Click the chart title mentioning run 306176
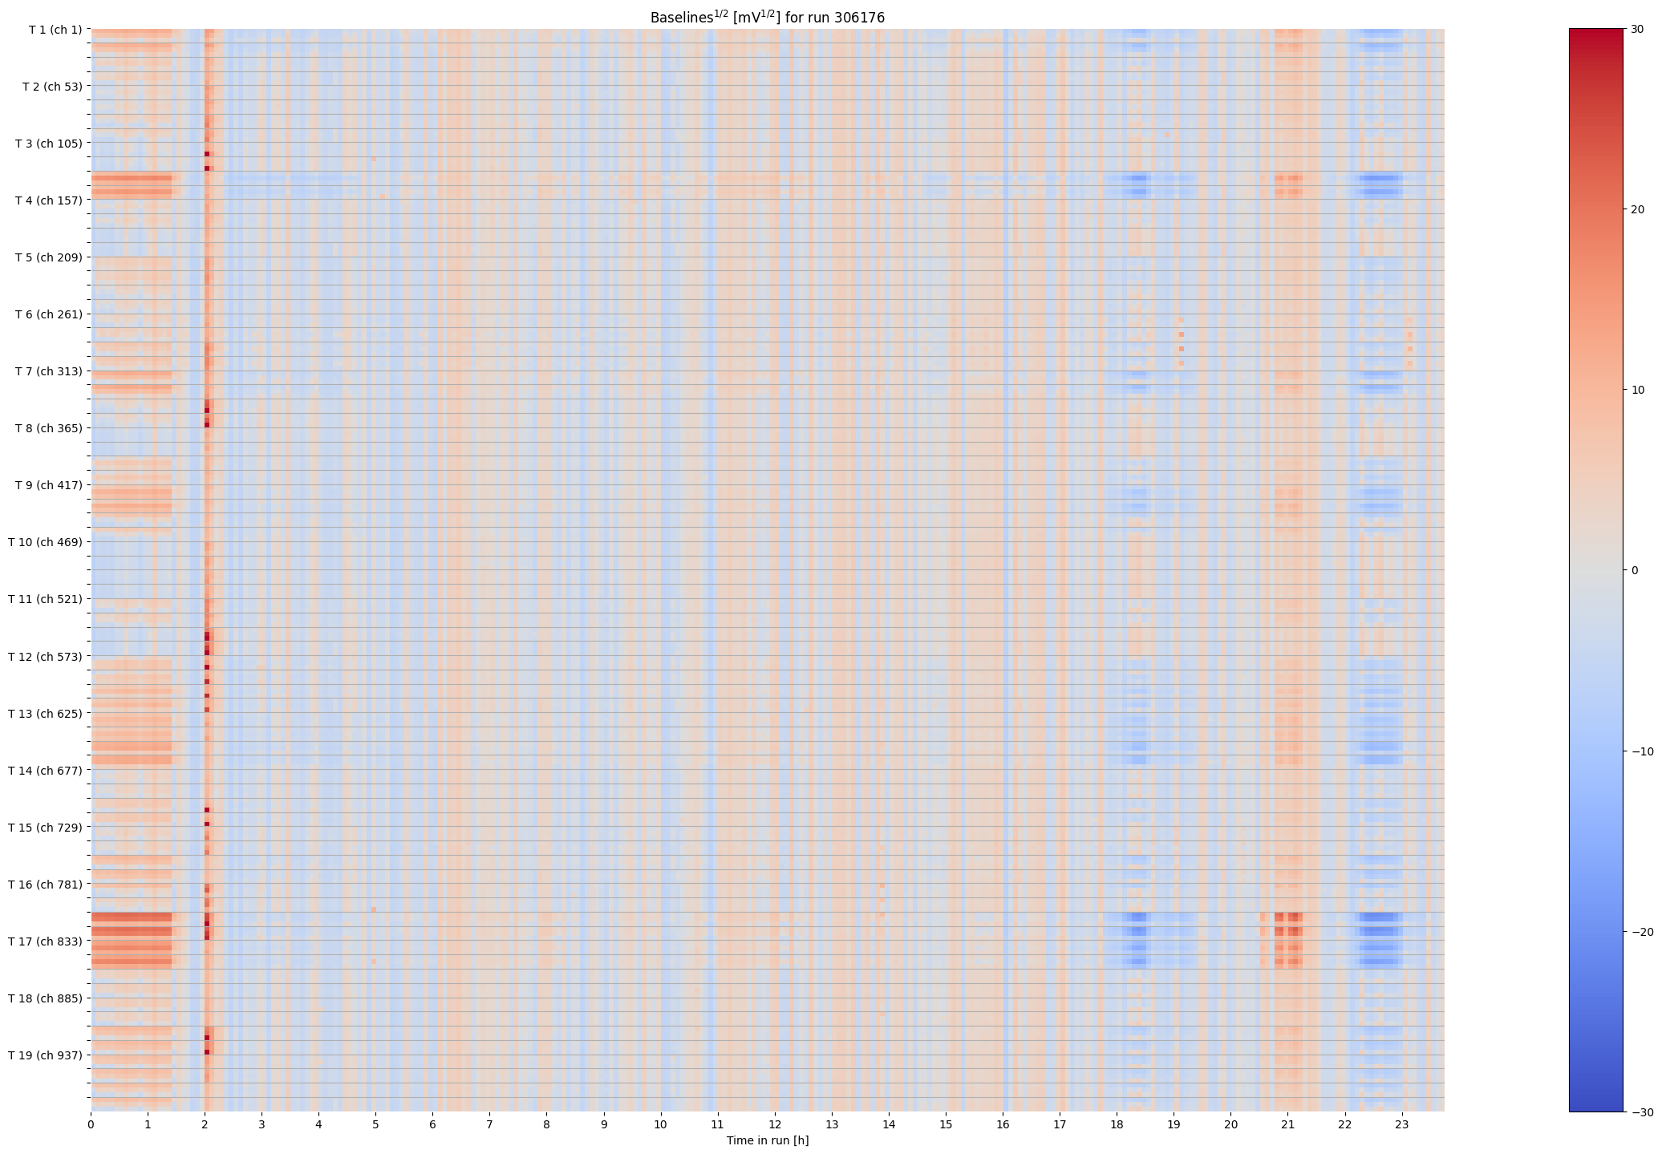click(767, 17)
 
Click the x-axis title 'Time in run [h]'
click(767, 1140)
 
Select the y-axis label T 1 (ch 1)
click(55, 30)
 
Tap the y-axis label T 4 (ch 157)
click(48, 200)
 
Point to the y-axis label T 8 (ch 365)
click(48, 428)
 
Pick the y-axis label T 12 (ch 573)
click(45, 657)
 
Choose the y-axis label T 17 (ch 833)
click(45, 941)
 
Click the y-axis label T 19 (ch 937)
click(45, 1055)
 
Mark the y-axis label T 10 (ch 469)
click(45, 542)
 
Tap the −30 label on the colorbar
click(1641, 1111)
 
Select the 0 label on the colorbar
click(1635, 570)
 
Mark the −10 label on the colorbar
click(1641, 751)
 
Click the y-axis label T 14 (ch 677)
click(45, 771)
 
